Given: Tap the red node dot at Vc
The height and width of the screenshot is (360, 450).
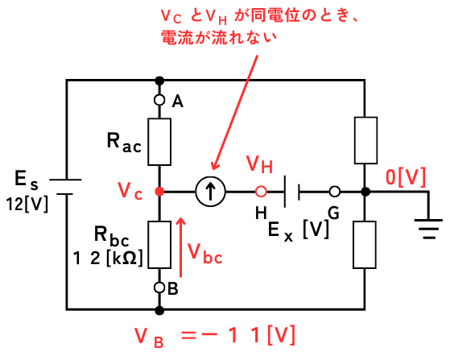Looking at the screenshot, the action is (x=159, y=191).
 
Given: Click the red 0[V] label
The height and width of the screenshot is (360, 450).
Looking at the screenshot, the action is (x=405, y=177).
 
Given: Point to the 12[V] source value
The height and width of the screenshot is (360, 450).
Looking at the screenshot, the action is (x=27, y=204).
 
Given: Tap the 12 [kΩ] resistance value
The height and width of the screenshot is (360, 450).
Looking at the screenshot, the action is (x=108, y=258).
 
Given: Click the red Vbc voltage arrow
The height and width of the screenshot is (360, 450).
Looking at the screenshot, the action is (x=181, y=247).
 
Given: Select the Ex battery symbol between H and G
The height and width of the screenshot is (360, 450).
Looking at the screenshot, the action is (x=292, y=192).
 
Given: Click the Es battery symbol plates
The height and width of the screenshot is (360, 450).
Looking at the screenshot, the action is (x=65, y=187).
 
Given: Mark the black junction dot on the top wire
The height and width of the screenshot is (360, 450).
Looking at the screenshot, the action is (x=159, y=81).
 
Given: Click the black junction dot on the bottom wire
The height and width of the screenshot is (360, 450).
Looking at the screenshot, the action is (x=159, y=310).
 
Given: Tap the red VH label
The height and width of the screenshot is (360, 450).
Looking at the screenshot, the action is (x=259, y=164).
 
